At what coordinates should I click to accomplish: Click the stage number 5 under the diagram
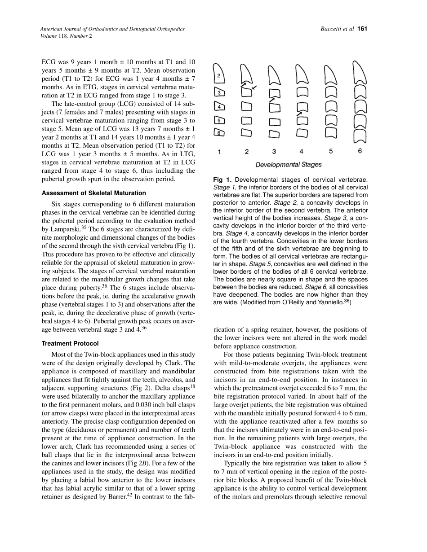331,151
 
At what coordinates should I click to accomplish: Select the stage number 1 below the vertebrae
219,152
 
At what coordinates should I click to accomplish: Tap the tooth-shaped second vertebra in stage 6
360,73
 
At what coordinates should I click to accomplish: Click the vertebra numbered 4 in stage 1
219,107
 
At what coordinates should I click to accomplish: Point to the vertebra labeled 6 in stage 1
219,132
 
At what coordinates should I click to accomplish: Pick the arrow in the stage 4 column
299,114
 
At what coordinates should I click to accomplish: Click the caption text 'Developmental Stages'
289,165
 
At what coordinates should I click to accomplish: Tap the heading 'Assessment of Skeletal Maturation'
94,193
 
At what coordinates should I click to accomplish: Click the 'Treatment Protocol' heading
70,343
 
